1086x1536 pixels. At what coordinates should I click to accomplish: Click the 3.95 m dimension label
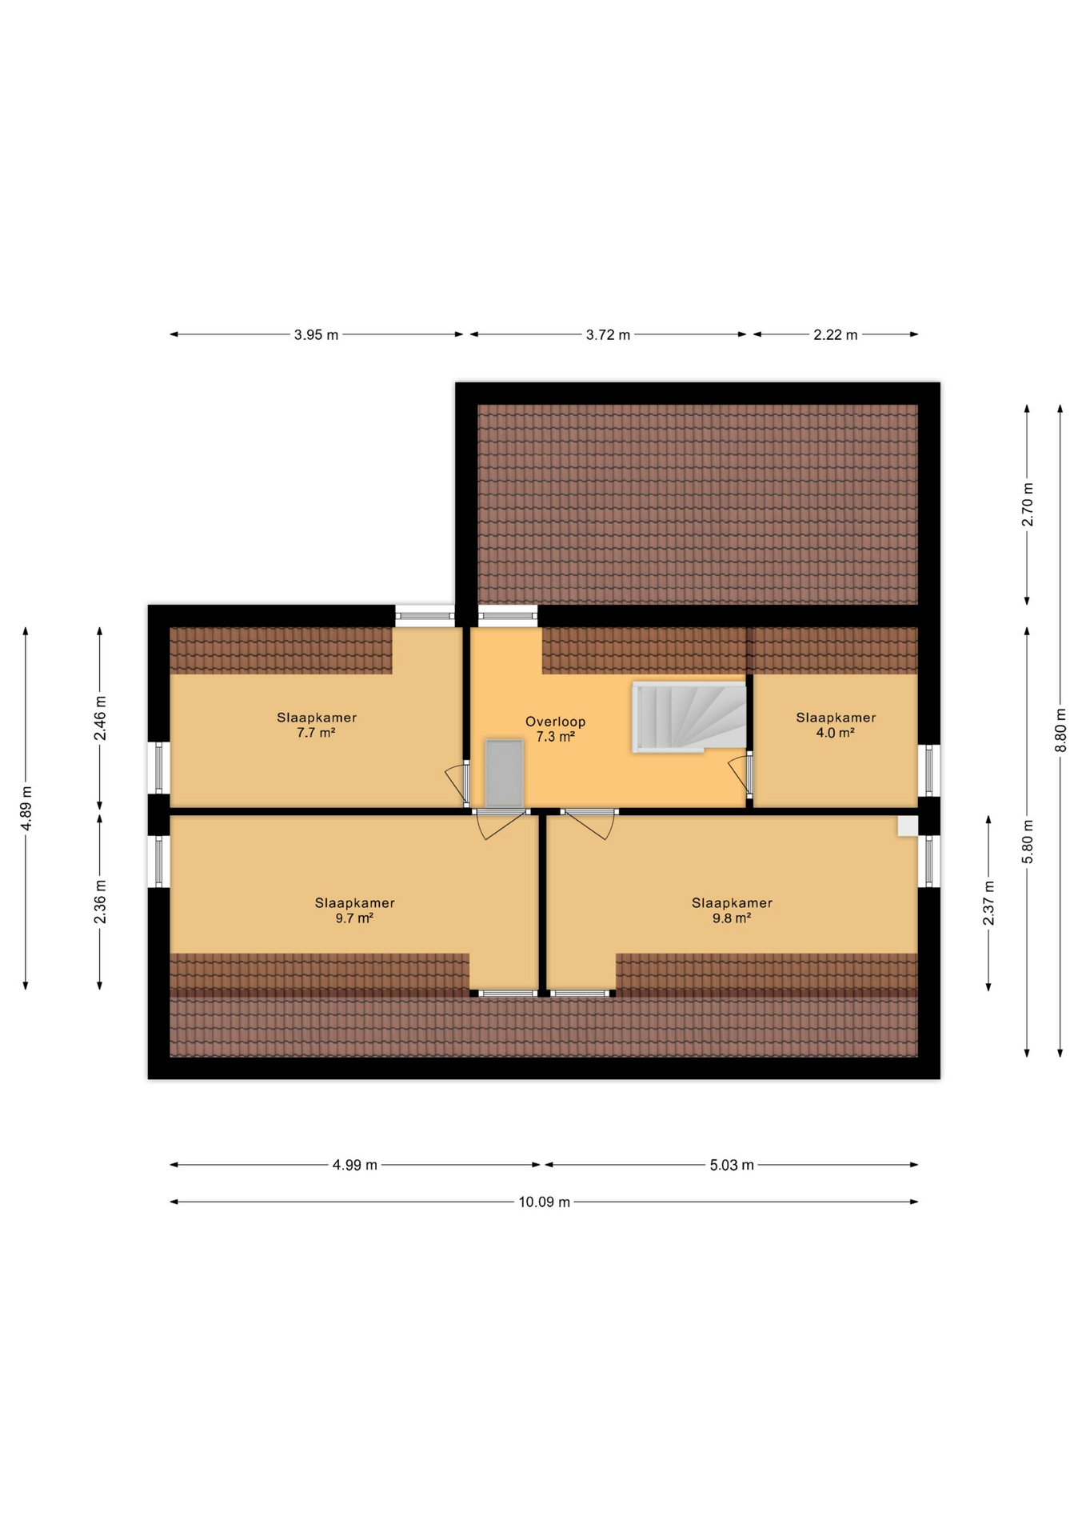pyautogui.click(x=316, y=334)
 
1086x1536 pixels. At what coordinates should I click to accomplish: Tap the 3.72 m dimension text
pyautogui.click(x=608, y=334)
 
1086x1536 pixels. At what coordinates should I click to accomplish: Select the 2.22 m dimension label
pyautogui.click(x=835, y=334)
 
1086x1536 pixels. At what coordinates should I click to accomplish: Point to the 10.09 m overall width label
pyautogui.click(x=544, y=1202)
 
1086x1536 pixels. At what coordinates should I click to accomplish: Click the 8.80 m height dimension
pyautogui.click(x=1060, y=730)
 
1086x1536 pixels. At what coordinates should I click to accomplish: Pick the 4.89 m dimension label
pyautogui.click(x=26, y=808)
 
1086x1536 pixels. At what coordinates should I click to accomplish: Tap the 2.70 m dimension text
pyautogui.click(x=1028, y=505)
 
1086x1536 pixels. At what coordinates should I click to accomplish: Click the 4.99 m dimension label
pyautogui.click(x=355, y=1165)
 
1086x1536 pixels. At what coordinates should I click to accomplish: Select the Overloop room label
pyautogui.click(x=555, y=722)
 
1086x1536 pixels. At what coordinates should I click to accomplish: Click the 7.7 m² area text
pyautogui.click(x=316, y=732)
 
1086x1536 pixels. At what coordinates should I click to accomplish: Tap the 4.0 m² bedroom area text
pyautogui.click(x=835, y=732)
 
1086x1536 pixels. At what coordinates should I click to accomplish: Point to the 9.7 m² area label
pyautogui.click(x=354, y=918)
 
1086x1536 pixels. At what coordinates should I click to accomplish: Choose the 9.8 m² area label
pyautogui.click(x=732, y=918)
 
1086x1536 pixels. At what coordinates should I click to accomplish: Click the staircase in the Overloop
pyautogui.click(x=689, y=717)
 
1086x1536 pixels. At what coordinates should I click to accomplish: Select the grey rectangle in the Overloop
pyautogui.click(x=505, y=774)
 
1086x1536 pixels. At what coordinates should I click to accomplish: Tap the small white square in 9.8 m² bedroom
pyautogui.click(x=908, y=826)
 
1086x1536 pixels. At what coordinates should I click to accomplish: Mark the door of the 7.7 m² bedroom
pyautogui.click(x=458, y=783)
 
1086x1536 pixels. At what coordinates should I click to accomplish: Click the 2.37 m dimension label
pyautogui.click(x=989, y=903)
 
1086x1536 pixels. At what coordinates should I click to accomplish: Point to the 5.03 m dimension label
pyautogui.click(x=732, y=1165)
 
